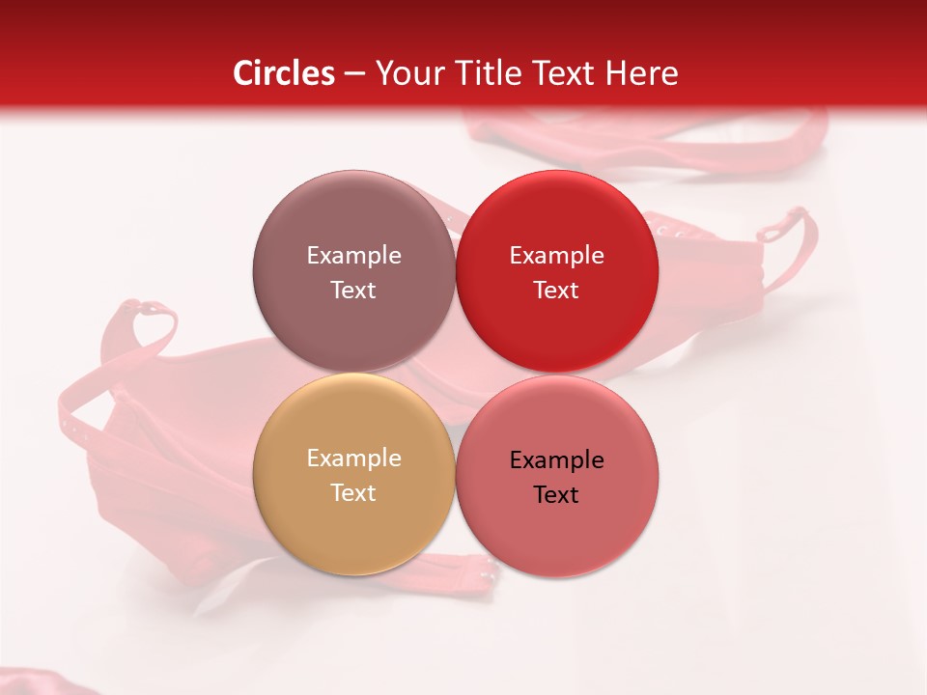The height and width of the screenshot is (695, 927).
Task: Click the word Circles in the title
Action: (x=283, y=73)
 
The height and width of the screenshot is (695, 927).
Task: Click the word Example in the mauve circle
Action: (x=353, y=256)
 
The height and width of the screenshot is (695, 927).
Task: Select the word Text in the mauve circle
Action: (x=353, y=290)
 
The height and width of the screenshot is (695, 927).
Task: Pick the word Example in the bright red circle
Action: (x=556, y=256)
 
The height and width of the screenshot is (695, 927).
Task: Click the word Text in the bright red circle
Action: (x=556, y=290)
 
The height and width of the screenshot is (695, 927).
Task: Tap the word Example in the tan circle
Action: (x=353, y=459)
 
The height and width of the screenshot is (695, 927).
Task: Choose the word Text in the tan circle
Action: (x=353, y=492)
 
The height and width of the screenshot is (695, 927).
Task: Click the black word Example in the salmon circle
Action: (x=556, y=460)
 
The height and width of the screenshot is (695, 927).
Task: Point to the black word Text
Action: (x=556, y=494)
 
